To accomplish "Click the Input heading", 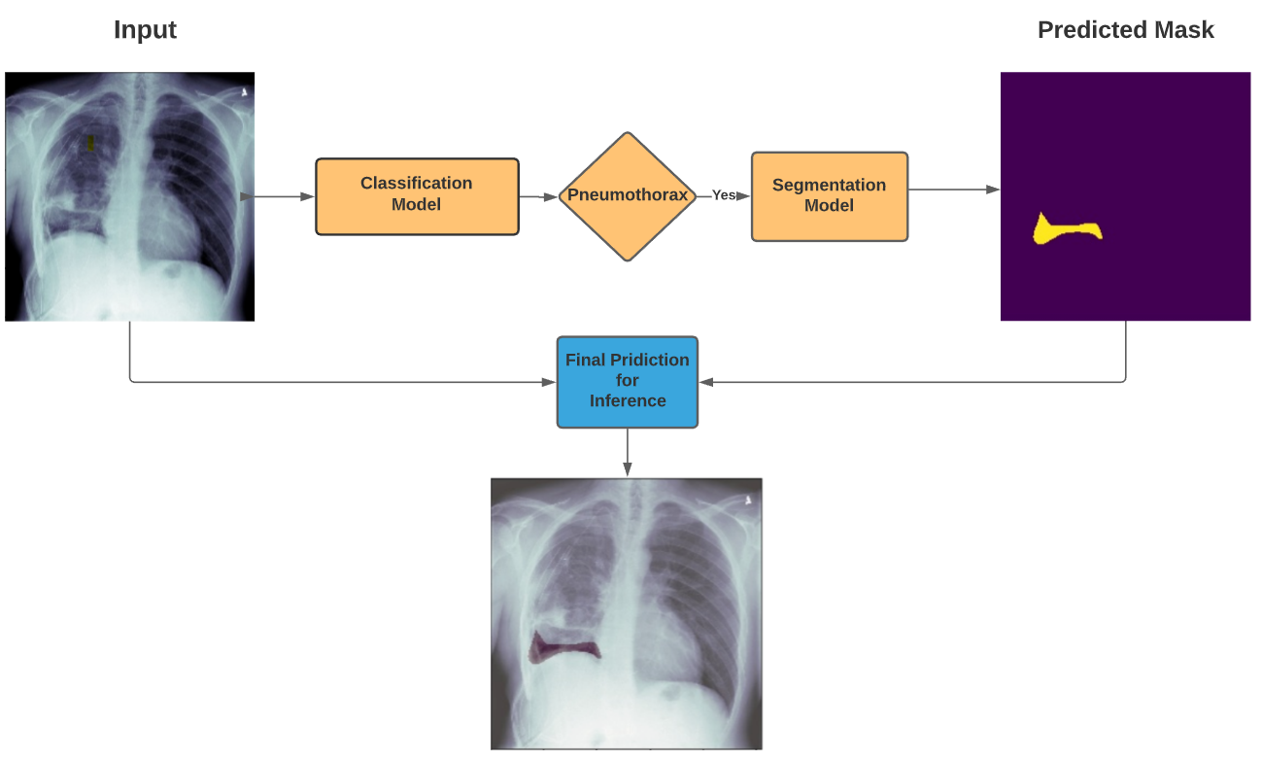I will (x=145, y=30).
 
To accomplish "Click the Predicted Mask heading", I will (x=1125, y=30).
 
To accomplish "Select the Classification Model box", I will (x=417, y=196).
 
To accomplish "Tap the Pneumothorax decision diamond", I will (x=628, y=196).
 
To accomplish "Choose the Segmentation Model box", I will (x=829, y=196).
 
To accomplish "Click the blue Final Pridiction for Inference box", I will (x=628, y=381).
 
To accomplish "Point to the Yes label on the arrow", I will (x=723, y=195).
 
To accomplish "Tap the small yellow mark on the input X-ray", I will (x=90, y=143).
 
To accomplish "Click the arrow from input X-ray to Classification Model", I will (x=285, y=196).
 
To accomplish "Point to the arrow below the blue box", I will (x=628, y=452).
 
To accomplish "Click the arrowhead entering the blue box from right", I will (x=706, y=382).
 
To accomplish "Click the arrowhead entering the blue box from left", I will (x=549, y=382).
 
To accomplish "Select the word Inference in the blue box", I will (x=628, y=400).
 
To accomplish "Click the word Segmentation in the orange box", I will (x=829, y=185).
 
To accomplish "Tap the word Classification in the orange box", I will (x=417, y=183).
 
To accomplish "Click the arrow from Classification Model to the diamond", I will (x=538, y=196).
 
